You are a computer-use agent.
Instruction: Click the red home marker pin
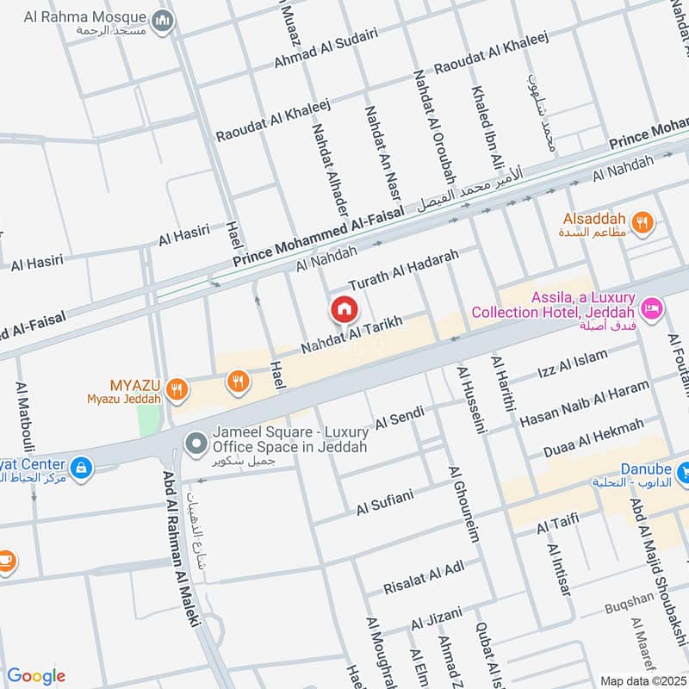pyautogui.click(x=344, y=308)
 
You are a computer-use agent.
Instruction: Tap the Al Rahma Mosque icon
pyautogui.click(x=161, y=19)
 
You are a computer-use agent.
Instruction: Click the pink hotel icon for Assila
pyautogui.click(x=652, y=306)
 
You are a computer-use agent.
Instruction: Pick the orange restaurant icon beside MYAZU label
pyautogui.click(x=177, y=388)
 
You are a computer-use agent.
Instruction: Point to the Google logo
pyautogui.click(x=36, y=676)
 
